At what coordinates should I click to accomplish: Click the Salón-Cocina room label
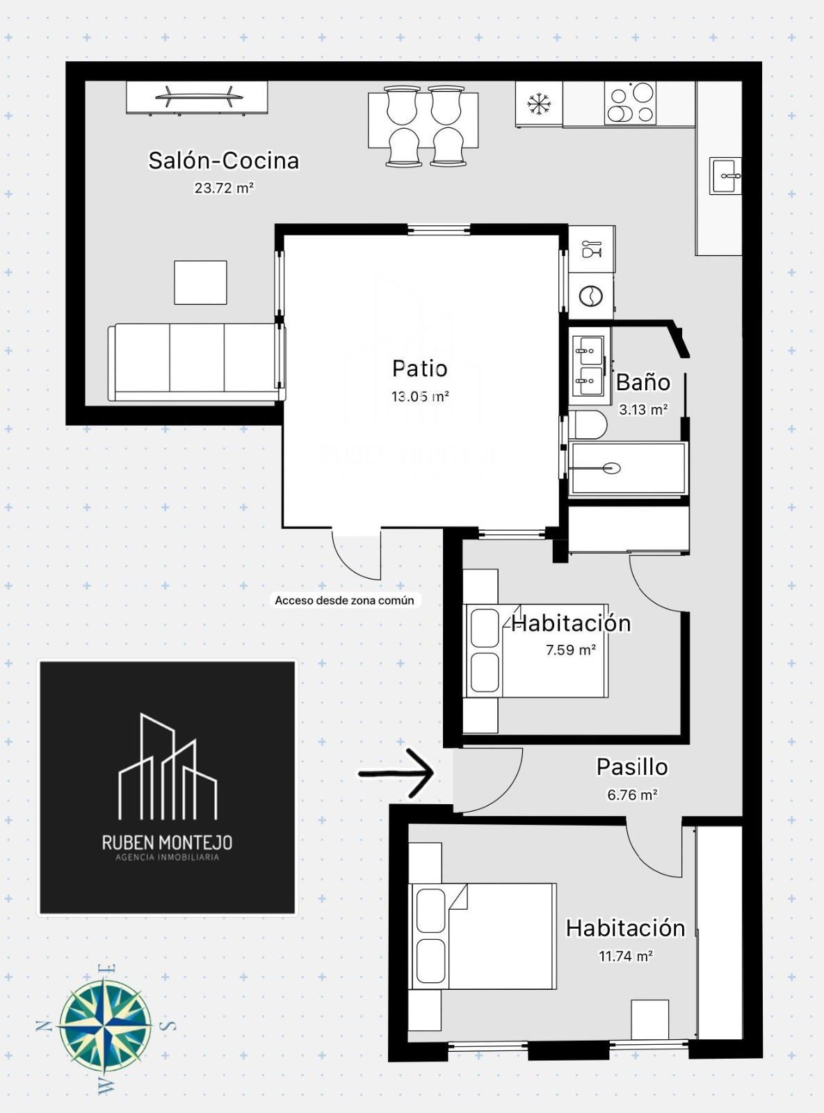click(224, 161)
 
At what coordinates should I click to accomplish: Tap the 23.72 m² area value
click(224, 189)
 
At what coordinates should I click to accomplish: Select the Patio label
click(419, 369)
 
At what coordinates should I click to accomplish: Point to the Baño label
click(643, 383)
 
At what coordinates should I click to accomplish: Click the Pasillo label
click(632, 767)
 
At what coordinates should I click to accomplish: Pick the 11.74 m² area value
click(626, 956)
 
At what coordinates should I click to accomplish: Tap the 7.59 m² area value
click(571, 650)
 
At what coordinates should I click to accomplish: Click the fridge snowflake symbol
click(539, 104)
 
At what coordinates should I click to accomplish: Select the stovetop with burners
click(630, 103)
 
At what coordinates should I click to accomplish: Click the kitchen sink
click(725, 175)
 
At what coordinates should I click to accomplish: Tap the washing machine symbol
click(590, 296)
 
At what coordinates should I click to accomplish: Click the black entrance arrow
click(396, 774)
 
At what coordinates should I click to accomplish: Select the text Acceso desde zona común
click(344, 600)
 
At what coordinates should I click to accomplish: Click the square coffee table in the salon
click(200, 282)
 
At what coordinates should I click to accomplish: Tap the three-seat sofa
click(197, 362)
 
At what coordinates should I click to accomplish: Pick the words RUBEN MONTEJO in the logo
click(167, 842)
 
